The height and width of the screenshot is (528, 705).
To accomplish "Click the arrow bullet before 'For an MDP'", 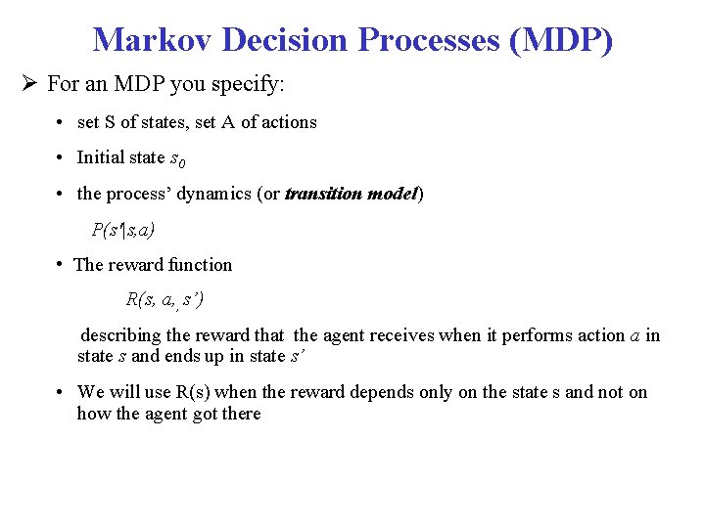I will tap(31, 84).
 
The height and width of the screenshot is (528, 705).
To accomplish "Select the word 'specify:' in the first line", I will tap(252, 84).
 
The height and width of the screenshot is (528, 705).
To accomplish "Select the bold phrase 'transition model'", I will tap(351, 194).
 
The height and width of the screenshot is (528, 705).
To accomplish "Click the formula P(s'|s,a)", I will tap(122, 230).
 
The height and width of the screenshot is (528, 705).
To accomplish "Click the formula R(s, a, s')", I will tap(164, 299).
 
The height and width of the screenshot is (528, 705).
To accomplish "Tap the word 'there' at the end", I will tap(242, 414).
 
